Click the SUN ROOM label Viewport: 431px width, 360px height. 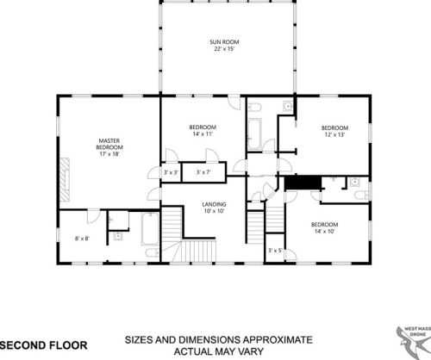click(224, 42)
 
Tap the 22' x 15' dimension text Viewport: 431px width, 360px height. click(224, 49)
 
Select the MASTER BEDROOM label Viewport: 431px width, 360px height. click(109, 144)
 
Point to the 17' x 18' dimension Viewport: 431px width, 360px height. click(109, 154)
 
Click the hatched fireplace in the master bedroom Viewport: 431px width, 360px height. click(65, 179)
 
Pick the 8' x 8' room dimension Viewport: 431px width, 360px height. click(82, 239)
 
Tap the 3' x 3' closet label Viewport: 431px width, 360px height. click(171, 172)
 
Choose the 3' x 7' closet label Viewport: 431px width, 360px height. click(203, 172)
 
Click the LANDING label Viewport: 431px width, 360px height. click(214, 204)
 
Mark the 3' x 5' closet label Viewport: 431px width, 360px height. click(275, 251)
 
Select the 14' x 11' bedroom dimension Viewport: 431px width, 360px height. click(203, 133)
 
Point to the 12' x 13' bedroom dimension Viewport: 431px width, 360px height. click(334, 134)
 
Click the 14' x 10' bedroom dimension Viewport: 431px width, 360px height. click(324, 231)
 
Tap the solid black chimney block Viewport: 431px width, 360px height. click(303, 183)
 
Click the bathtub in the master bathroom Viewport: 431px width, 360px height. click(150, 229)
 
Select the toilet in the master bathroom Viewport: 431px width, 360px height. click(152, 253)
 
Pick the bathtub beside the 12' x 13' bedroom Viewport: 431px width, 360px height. click(254, 134)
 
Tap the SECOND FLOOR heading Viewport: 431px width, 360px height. click(43, 345)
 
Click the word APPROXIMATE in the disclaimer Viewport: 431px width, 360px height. click(278, 340)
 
